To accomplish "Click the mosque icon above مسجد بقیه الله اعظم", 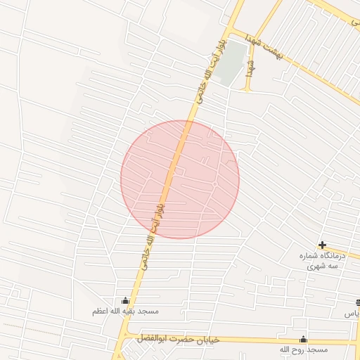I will pos(126,300).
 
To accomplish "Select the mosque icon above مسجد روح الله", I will pos(304,339).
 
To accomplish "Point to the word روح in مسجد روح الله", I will pos(293,349).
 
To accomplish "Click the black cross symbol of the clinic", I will pos(322,245).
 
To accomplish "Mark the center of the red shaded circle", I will pos(180,179).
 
